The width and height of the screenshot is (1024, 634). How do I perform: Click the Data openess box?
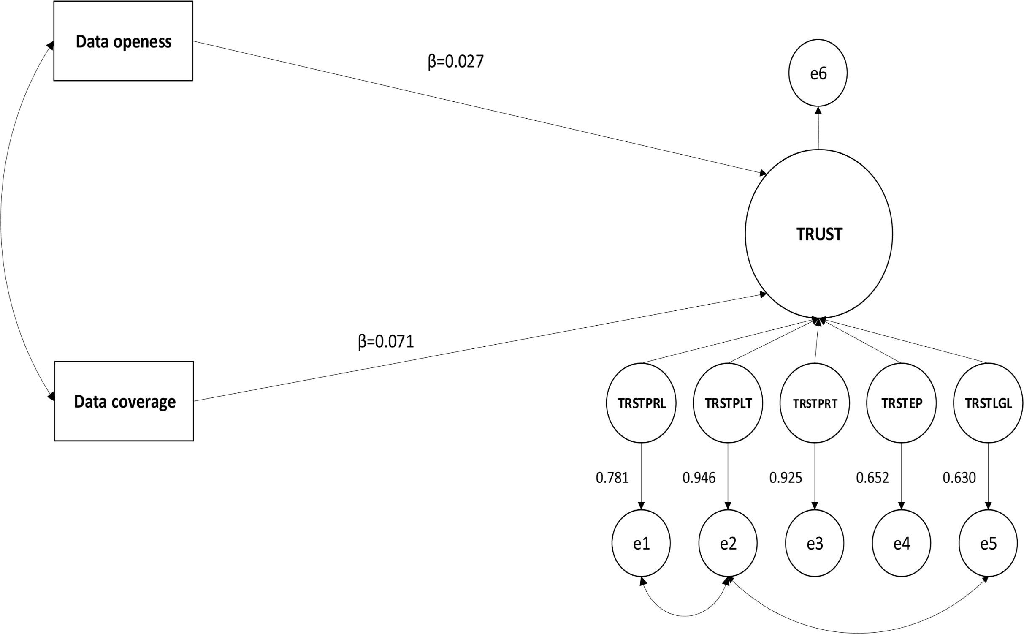pyautogui.click(x=123, y=41)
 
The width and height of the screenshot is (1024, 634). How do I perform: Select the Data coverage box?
pyautogui.click(x=124, y=401)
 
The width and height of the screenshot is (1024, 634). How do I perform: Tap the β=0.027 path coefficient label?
pyautogui.click(x=455, y=62)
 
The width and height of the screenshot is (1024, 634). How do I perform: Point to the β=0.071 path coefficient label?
pyautogui.click(x=386, y=341)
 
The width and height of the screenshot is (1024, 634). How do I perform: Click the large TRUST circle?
pyautogui.click(x=818, y=234)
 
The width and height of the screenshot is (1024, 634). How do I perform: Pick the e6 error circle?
pyautogui.click(x=818, y=73)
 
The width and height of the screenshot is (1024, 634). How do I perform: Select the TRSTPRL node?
pyautogui.click(x=641, y=403)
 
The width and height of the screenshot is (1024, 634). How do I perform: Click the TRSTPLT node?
pyautogui.click(x=728, y=403)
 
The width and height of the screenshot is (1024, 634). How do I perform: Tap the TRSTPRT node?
pyautogui.click(x=815, y=403)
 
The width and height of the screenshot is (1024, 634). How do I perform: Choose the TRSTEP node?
pyautogui.click(x=902, y=403)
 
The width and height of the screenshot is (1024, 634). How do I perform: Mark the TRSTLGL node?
pyautogui.click(x=988, y=403)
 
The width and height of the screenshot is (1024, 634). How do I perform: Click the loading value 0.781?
pyautogui.click(x=612, y=478)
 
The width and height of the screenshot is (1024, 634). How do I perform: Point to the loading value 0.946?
pyautogui.click(x=699, y=478)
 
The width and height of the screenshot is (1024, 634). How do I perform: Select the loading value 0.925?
pyautogui.click(x=786, y=478)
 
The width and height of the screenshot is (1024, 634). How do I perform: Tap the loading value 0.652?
pyautogui.click(x=872, y=478)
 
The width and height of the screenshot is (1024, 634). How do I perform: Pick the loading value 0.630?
pyautogui.click(x=959, y=478)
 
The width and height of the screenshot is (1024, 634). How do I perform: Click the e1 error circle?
pyautogui.click(x=641, y=543)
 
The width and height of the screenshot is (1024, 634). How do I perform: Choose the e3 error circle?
pyautogui.click(x=815, y=543)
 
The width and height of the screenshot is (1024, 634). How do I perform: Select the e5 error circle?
pyautogui.click(x=988, y=543)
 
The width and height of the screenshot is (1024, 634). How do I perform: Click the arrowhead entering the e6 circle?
pyautogui.click(x=818, y=110)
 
